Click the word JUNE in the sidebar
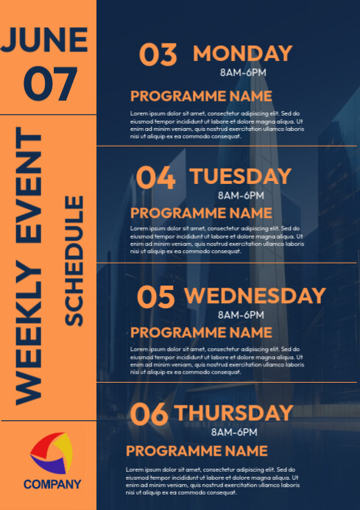[x=49, y=40]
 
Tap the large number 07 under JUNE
[x=49, y=83]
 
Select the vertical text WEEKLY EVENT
[x=30, y=266]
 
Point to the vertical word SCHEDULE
[x=74, y=261]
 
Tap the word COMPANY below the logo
[x=52, y=484]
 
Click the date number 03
[x=158, y=55]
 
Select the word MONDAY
[x=242, y=54]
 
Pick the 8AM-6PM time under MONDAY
[x=242, y=72]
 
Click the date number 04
[x=156, y=178]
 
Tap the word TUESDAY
[x=241, y=177]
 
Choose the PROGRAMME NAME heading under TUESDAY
[x=201, y=213]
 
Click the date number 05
[x=156, y=297]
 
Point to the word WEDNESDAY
[x=255, y=296]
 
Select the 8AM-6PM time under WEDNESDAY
[x=241, y=315]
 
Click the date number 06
[x=149, y=414]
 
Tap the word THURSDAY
[x=234, y=413]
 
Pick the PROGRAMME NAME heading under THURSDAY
[x=197, y=450]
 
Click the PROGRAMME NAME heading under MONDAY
[x=201, y=96]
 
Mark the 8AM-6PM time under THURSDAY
[x=234, y=432]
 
